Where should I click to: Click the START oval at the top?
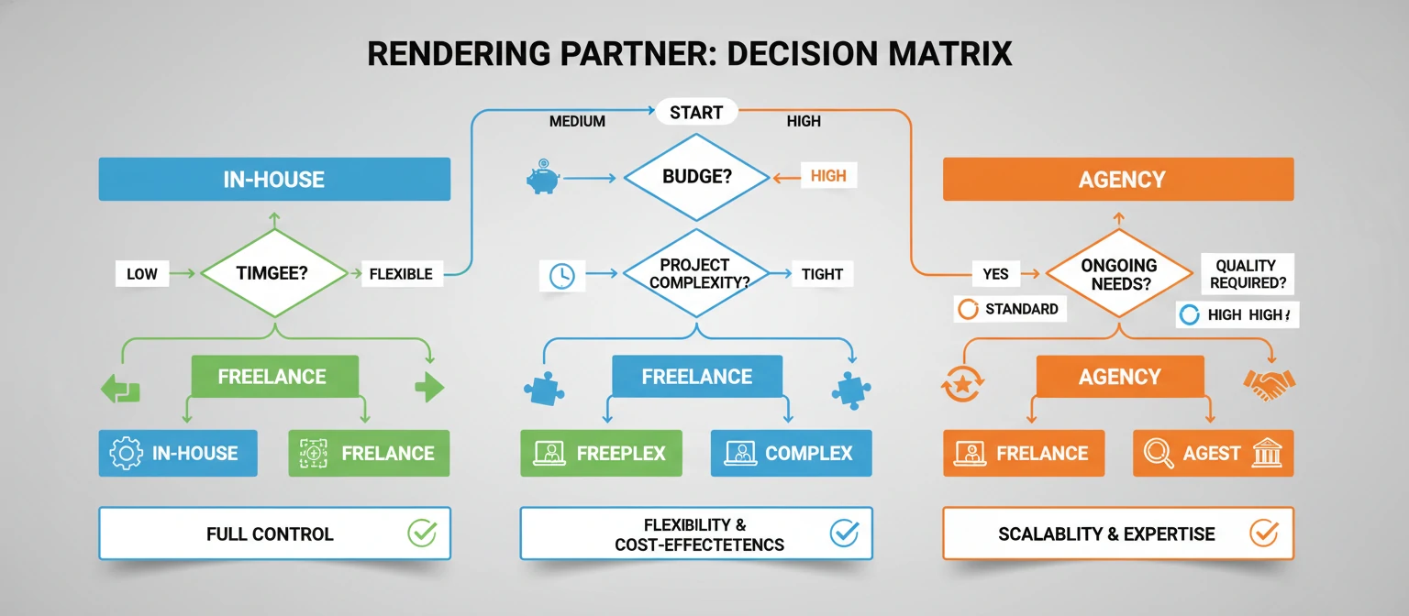(696, 114)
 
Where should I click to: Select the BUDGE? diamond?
(696, 176)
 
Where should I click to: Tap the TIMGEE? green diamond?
(272, 273)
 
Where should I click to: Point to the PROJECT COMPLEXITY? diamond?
(696, 273)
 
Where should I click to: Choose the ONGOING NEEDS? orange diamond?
(1118, 273)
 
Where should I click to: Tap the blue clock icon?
(561, 275)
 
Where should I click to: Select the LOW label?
(142, 274)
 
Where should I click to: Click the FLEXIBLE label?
(401, 274)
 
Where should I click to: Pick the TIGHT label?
(822, 273)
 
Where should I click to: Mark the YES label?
(995, 273)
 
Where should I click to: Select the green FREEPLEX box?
(601, 453)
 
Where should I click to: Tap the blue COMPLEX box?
(791, 453)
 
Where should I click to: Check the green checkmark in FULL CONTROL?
(422, 533)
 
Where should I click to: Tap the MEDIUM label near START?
(576, 121)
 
